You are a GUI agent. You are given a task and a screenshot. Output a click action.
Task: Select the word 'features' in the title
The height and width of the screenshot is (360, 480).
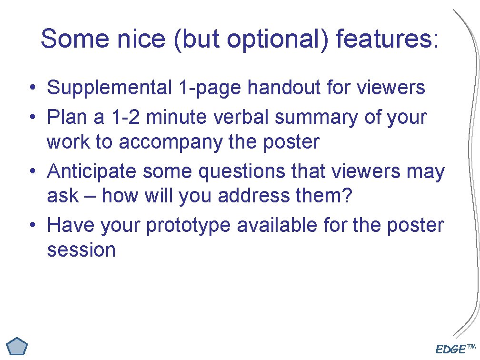point(383,39)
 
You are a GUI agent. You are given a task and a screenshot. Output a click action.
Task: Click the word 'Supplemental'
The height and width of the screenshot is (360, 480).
point(109,88)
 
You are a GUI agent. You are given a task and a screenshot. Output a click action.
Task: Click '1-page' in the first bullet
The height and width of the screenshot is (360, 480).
point(210,88)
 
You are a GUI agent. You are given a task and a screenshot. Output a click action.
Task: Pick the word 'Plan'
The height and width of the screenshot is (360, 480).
point(66,117)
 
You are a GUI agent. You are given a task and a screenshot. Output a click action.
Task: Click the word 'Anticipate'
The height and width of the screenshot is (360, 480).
point(91,171)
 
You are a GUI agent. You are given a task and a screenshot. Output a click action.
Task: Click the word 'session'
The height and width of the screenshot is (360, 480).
point(81,250)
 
